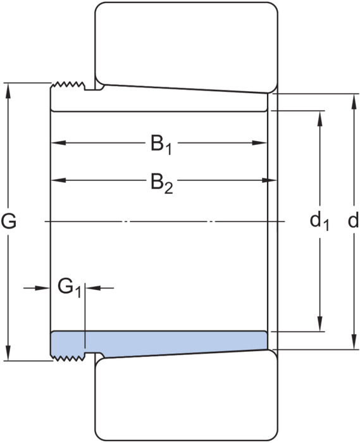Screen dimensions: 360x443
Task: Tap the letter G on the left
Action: [9, 221]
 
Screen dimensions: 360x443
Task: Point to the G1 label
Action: [70, 287]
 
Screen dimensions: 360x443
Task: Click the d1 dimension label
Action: [320, 221]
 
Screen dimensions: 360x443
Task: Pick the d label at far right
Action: [353, 220]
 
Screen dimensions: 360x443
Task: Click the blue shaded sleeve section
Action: [159, 344]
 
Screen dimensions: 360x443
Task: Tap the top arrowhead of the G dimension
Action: [8, 91]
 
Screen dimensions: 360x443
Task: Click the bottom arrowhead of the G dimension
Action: [8, 353]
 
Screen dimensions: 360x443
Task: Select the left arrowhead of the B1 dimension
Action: [58, 142]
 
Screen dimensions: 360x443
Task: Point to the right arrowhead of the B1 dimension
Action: [259, 142]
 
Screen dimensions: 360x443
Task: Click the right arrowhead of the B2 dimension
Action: [270, 180]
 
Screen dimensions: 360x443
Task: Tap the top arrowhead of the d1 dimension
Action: [320, 118]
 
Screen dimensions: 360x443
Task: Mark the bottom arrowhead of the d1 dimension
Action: [320, 323]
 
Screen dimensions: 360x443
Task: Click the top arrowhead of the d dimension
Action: [354, 101]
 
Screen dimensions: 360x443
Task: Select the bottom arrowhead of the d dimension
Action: [354, 342]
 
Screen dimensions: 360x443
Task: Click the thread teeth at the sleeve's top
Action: [68, 85]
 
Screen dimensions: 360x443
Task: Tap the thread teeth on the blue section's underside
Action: [68, 358]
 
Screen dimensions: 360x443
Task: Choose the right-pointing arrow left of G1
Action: [37, 288]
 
